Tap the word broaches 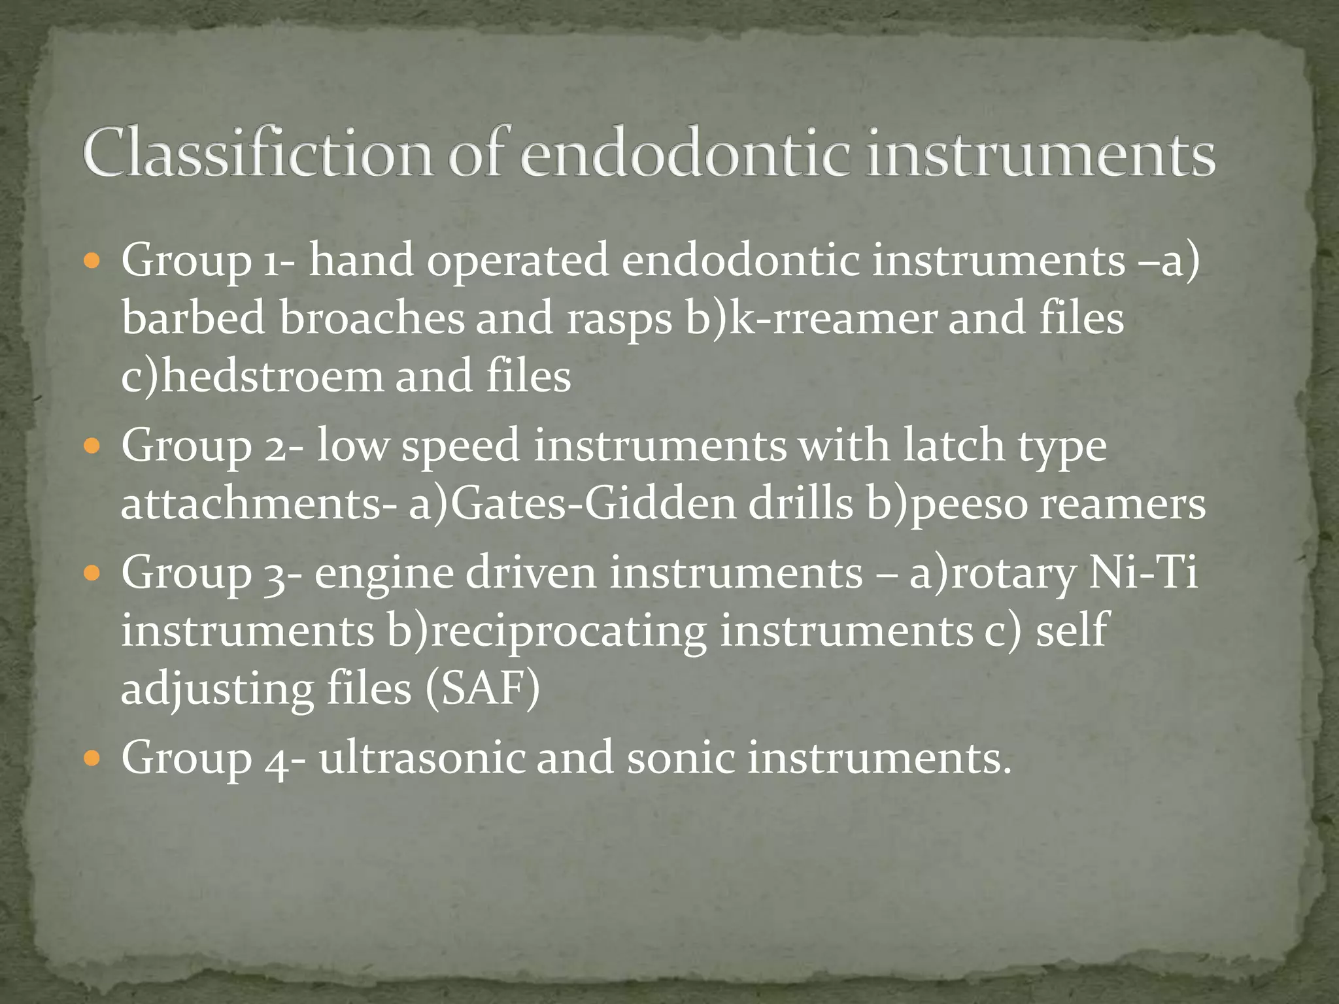click(x=371, y=318)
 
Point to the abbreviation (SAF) click(x=483, y=690)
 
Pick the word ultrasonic click(x=422, y=758)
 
